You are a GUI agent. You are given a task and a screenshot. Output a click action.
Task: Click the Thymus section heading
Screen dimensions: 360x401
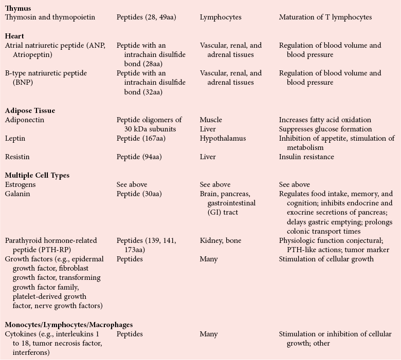(18, 8)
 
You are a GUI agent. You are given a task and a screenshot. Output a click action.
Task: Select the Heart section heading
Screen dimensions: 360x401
(14, 36)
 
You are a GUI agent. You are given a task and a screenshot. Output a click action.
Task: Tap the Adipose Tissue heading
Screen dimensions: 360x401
(30, 110)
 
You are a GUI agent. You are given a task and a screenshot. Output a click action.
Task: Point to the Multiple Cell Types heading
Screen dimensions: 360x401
(37, 175)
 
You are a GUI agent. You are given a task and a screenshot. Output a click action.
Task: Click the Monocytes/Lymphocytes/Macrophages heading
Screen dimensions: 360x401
(68, 325)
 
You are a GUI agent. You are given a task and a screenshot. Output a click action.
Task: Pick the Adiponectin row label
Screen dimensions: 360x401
(24, 120)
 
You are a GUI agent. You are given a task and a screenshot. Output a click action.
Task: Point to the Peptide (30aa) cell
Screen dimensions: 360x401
(139, 194)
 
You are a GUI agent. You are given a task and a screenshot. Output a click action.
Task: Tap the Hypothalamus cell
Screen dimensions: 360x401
(223, 138)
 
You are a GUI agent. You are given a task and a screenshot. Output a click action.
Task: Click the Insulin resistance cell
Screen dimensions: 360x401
(306, 157)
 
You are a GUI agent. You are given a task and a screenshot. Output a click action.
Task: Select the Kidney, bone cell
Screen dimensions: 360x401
(221, 240)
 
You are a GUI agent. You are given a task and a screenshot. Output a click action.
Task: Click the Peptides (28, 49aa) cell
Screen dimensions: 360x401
(146, 17)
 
